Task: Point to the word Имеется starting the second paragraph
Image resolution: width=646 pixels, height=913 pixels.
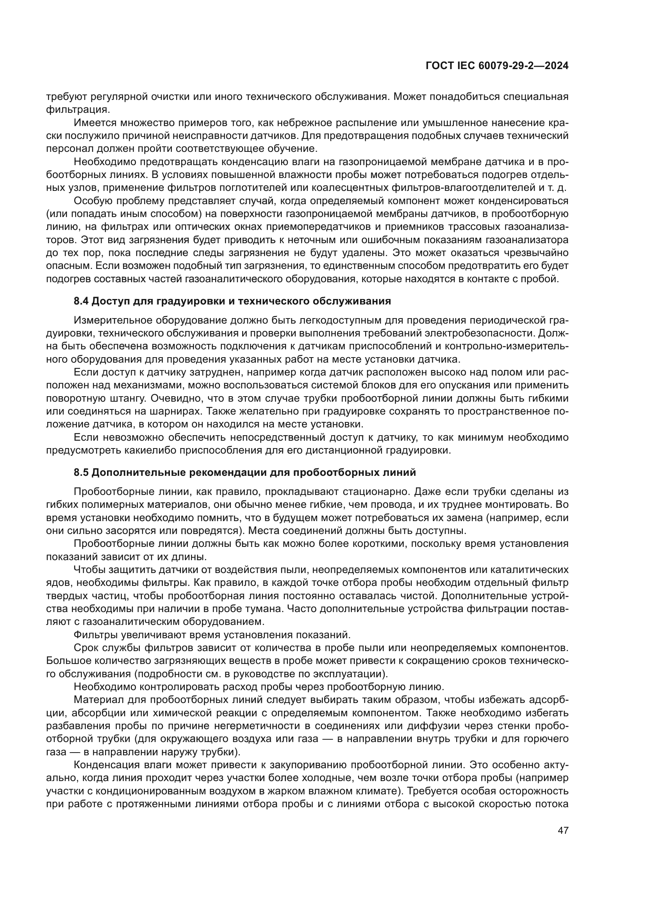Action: [x=93, y=123]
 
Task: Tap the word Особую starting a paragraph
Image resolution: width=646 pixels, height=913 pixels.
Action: [x=92, y=200]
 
